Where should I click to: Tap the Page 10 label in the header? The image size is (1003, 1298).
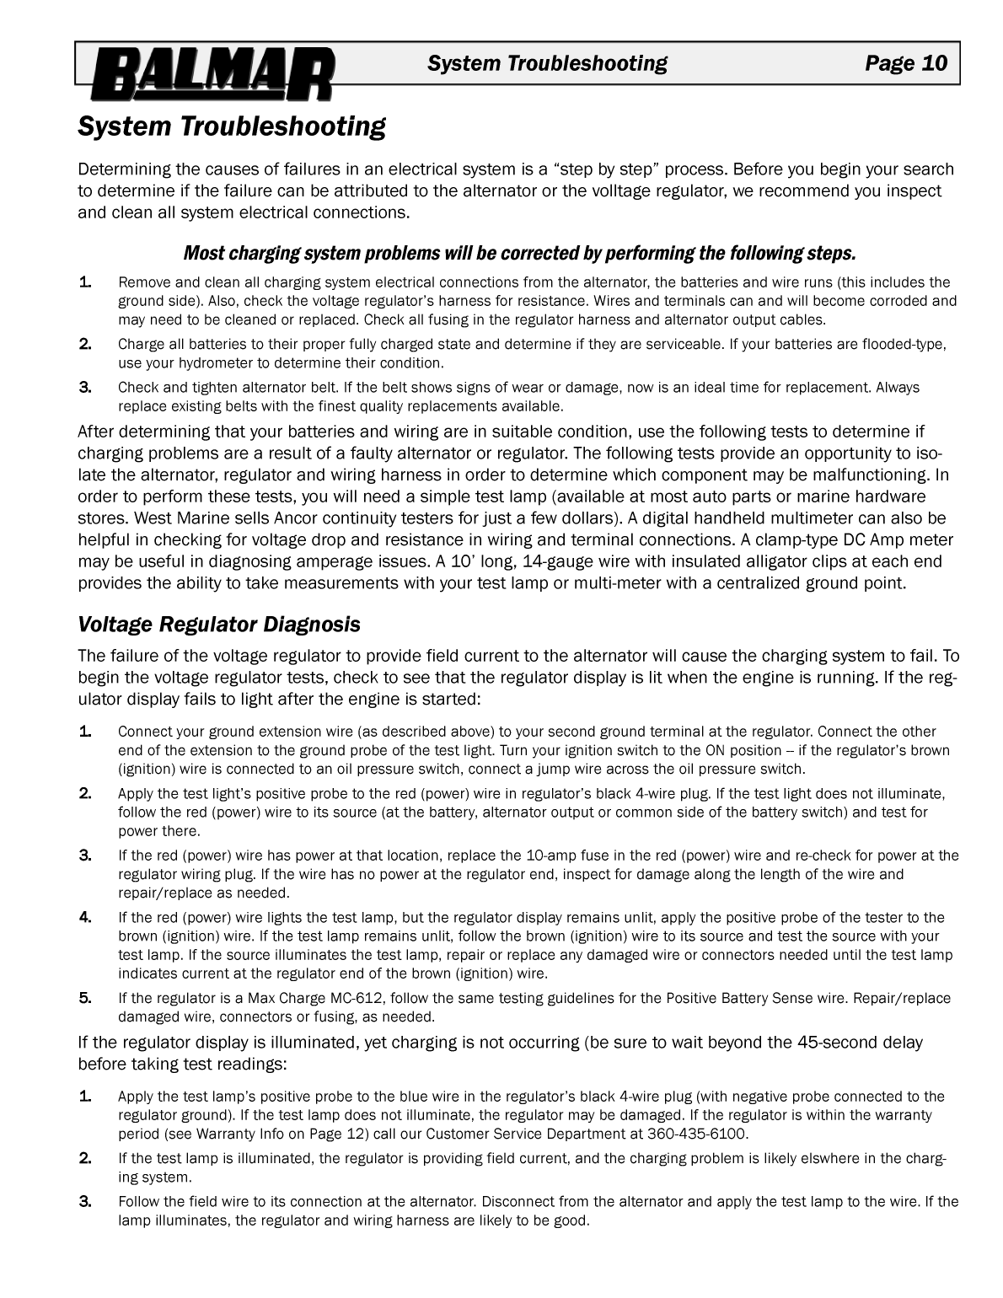(x=905, y=63)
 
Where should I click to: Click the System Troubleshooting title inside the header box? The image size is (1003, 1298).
(x=547, y=63)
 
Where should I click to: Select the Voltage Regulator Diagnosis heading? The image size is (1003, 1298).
(x=219, y=625)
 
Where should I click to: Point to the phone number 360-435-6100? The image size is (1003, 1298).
(x=696, y=1134)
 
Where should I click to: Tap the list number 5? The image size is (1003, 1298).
(x=85, y=999)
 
